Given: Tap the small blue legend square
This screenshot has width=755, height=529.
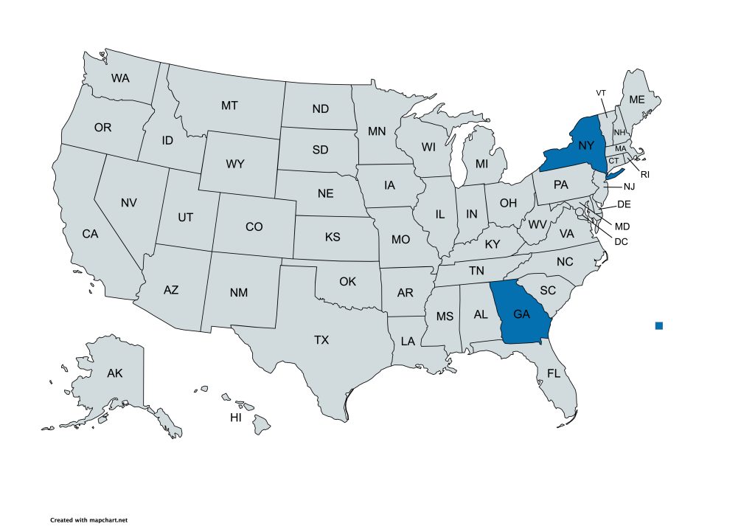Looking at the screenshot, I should coord(659,325).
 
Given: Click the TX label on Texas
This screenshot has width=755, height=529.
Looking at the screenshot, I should coord(321,340).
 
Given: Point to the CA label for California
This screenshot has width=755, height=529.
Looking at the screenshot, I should coord(90,234).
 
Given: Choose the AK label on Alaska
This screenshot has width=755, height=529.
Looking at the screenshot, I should coord(114,373).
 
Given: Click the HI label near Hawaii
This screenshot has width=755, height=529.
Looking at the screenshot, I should coord(236,418).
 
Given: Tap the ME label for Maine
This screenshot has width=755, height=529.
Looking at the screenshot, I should coord(636,100).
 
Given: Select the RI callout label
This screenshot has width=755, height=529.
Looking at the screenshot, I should coord(644,175).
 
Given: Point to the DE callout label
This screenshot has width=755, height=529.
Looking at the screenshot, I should coord(624,204).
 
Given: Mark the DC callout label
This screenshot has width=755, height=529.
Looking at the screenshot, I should coord(621,241).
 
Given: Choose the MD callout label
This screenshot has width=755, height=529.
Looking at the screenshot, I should coord(622,226).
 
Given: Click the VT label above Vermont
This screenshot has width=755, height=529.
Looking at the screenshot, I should coord(601,92).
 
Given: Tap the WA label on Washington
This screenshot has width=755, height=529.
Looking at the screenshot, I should coord(120,77).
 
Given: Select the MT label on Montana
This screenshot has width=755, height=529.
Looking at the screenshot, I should coord(229,106).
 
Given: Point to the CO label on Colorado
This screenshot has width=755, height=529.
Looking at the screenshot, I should coord(254,227).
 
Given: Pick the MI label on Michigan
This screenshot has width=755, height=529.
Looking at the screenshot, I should coord(481,162).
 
